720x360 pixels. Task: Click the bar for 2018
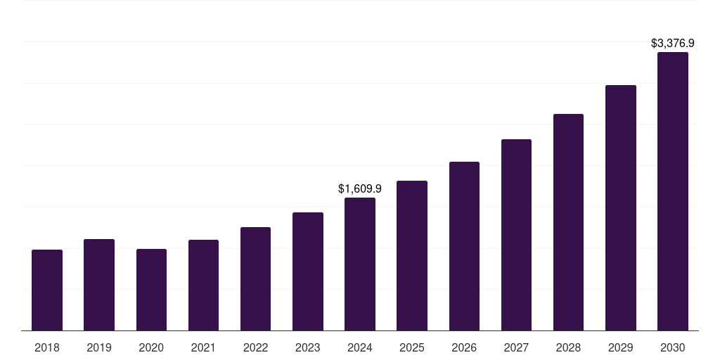pos(47,290)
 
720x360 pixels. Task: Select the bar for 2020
pos(151,290)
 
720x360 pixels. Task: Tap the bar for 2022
pos(255,278)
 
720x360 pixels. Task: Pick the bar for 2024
pos(360,264)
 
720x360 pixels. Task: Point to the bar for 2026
pos(464,246)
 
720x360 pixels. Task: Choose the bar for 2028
pos(568,222)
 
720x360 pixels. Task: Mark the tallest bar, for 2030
pos(673,191)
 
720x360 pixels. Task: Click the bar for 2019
pos(99,285)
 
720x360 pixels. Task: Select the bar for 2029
pos(621,207)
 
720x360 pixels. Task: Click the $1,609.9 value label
pos(360,188)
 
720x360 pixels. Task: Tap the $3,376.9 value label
pos(673,44)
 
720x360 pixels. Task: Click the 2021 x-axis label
pos(203,347)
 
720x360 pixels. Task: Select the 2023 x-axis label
pos(308,347)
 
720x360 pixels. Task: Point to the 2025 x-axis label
pos(412,347)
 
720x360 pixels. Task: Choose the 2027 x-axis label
pos(516,347)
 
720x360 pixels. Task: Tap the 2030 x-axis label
pos(673,347)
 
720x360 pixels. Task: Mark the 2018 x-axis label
pos(47,347)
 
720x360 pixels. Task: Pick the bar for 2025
pos(412,255)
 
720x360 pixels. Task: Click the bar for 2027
pos(516,235)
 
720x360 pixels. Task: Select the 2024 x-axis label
pos(360,347)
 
